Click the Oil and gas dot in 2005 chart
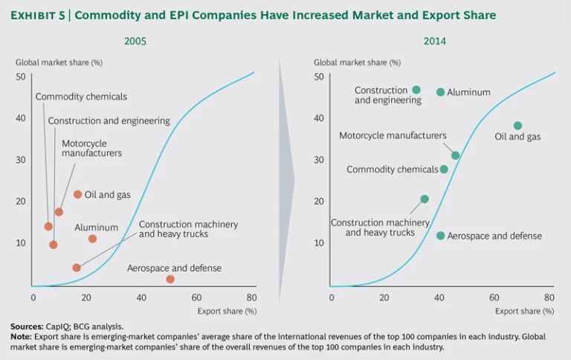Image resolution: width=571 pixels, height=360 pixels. click(x=77, y=194)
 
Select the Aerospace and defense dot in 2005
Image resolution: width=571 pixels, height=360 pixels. click(x=170, y=279)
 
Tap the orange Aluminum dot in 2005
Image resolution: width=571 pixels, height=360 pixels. click(x=92, y=239)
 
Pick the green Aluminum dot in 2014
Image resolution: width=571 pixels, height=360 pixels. click(x=440, y=92)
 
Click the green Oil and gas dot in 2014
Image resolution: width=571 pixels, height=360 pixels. click(x=517, y=126)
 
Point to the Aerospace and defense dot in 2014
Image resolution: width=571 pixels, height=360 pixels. click(x=440, y=236)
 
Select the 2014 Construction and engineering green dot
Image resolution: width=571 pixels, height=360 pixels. click(x=416, y=90)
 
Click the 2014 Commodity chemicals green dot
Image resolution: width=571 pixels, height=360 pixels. click(x=444, y=169)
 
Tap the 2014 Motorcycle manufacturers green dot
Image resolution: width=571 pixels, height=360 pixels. click(x=455, y=155)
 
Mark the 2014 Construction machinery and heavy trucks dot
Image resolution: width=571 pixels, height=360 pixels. click(x=425, y=199)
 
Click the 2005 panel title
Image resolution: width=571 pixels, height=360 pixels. click(x=135, y=41)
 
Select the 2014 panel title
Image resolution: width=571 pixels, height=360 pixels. click(x=435, y=41)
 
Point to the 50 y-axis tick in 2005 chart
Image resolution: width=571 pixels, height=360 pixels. click(x=21, y=77)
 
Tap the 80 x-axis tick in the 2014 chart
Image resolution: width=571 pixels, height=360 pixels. click(x=549, y=298)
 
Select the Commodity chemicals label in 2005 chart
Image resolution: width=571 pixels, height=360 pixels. click(x=81, y=97)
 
